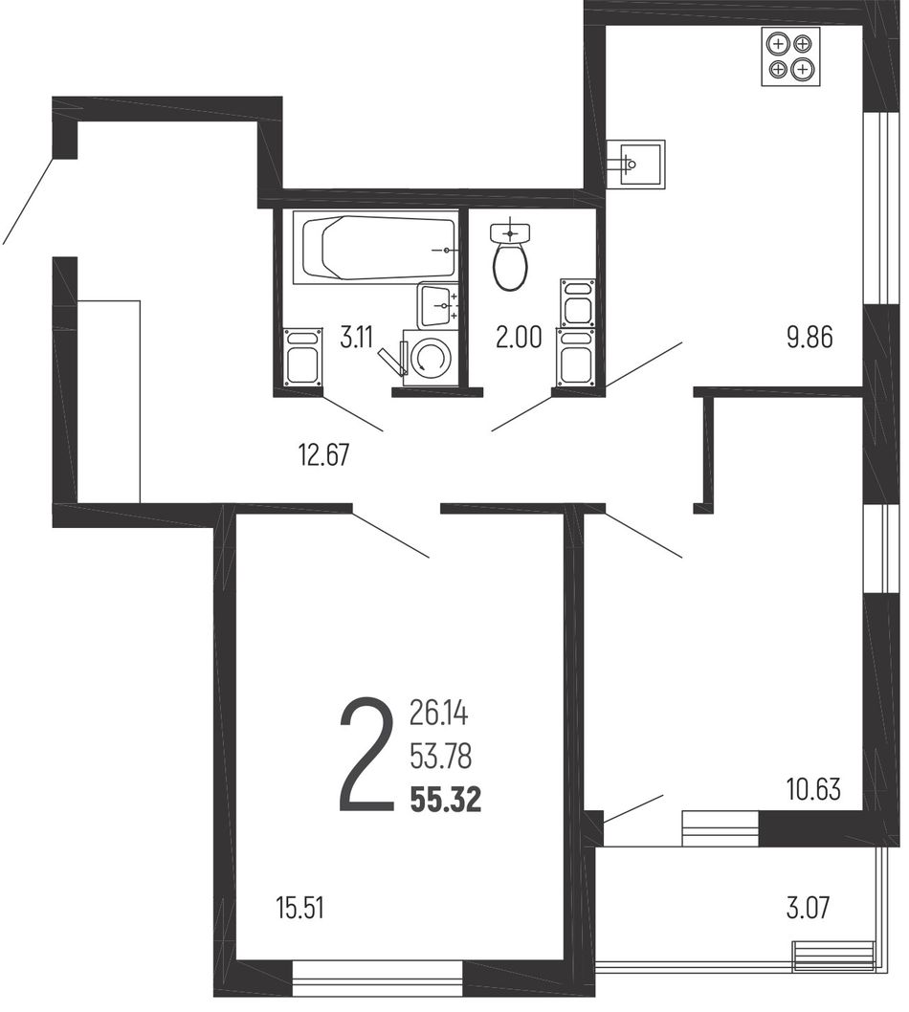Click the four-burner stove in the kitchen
[x=791, y=56]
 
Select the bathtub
[x=376, y=248]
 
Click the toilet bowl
[x=510, y=267]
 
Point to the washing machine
[x=431, y=358]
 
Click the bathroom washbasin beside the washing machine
[x=438, y=304]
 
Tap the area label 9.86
[x=809, y=338]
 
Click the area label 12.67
[x=323, y=455]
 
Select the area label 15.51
[x=300, y=908]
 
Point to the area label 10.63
[x=813, y=789]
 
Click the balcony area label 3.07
[x=808, y=908]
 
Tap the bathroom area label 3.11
[x=356, y=338]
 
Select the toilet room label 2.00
[x=519, y=338]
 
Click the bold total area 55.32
[x=446, y=801]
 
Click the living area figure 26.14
[x=438, y=714]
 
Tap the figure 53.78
[x=440, y=757]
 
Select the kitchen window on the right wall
[x=881, y=209]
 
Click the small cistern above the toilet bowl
[x=510, y=231]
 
